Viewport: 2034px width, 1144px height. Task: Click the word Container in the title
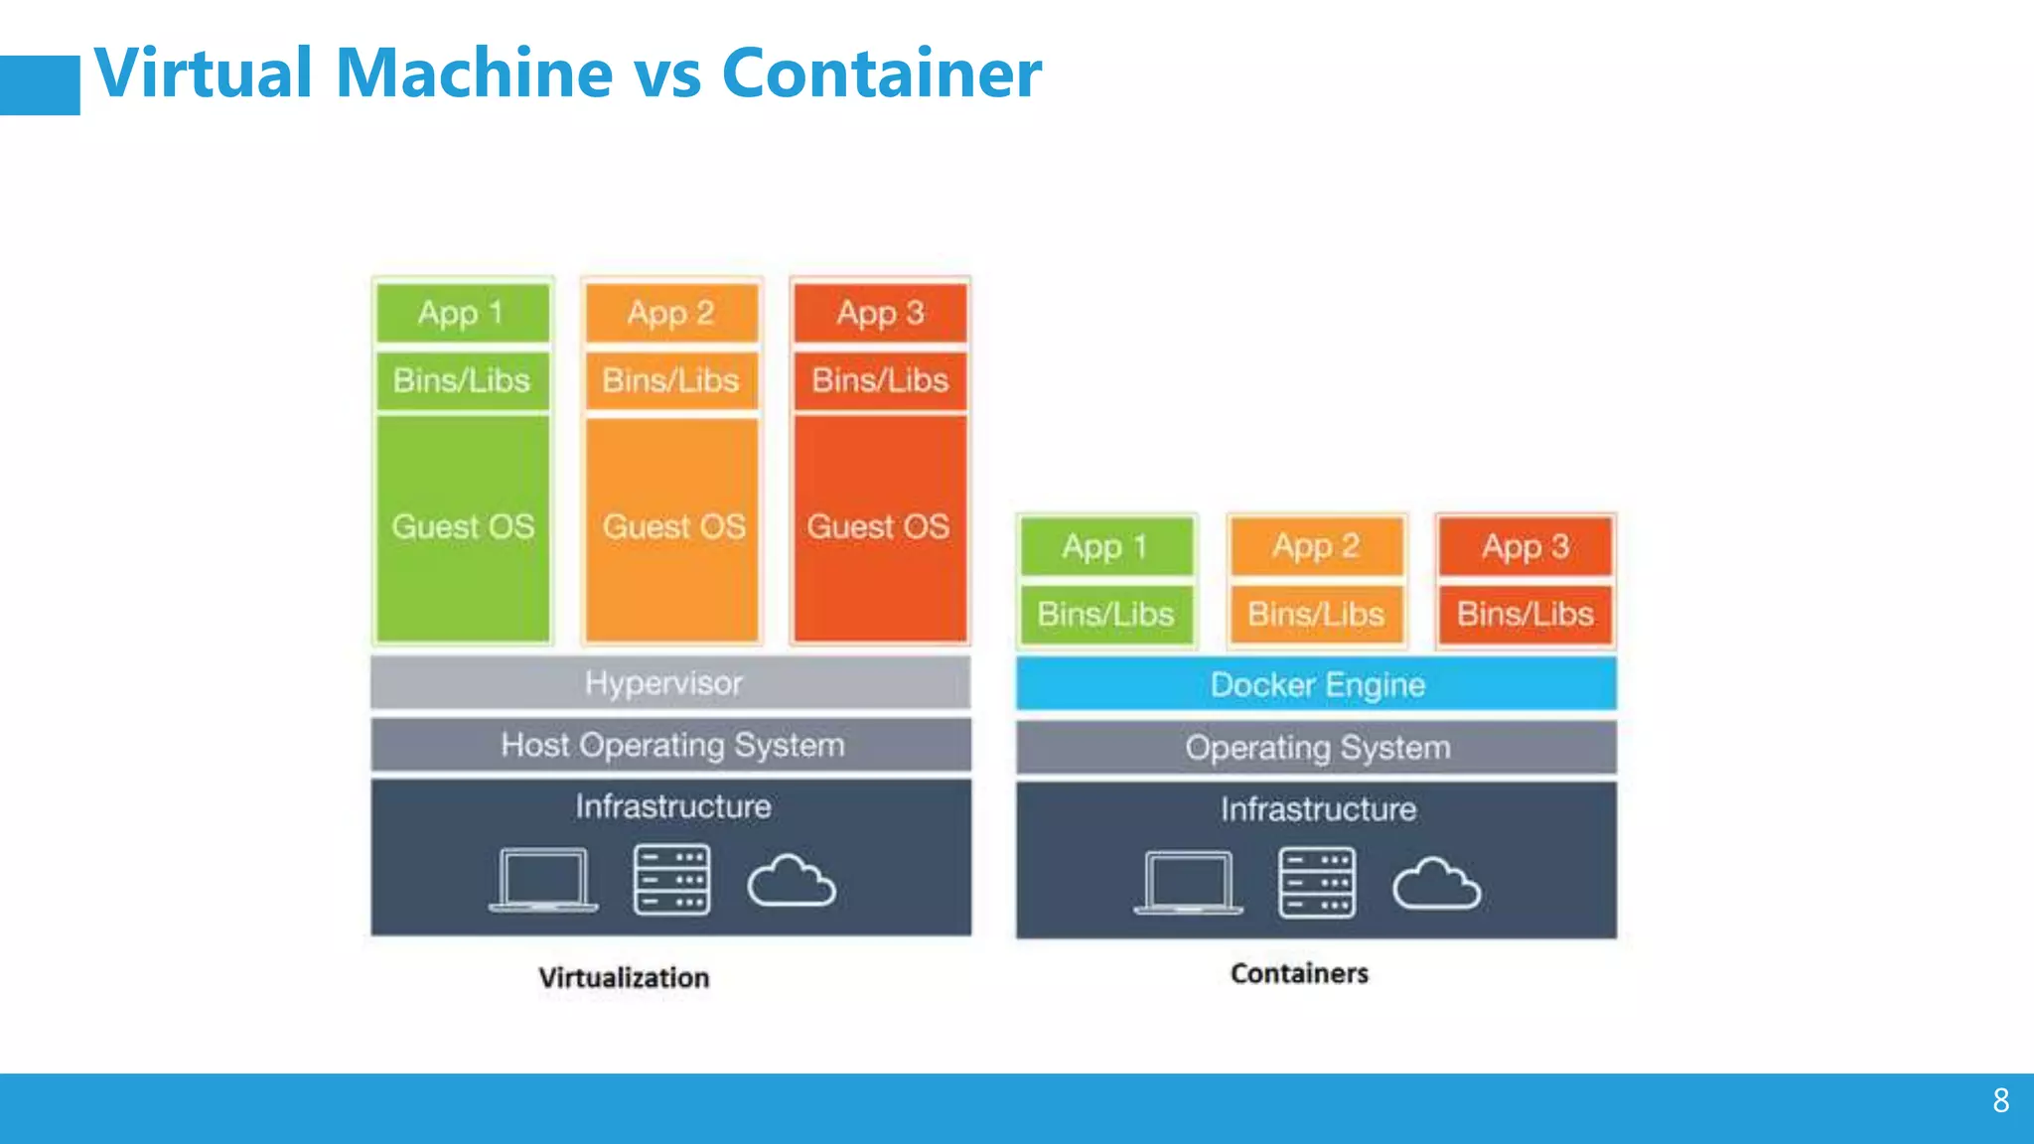coord(881,73)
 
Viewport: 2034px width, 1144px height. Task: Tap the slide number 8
coord(2000,1100)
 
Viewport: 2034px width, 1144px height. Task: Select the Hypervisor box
coord(670,683)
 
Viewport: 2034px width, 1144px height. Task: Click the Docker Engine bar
coord(1316,684)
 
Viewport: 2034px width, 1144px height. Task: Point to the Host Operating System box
coord(670,745)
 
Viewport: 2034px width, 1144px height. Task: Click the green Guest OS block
coord(463,527)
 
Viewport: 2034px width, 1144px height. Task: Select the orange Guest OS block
coord(672,527)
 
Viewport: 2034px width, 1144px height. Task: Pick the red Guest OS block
coord(879,527)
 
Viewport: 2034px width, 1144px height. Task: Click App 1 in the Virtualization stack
coord(462,313)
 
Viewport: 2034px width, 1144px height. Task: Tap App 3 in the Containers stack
coord(1525,546)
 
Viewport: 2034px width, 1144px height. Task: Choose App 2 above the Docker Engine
coord(1316,546)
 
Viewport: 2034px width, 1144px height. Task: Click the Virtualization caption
coord(624,977)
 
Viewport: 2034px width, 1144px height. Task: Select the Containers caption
coord(1298,973)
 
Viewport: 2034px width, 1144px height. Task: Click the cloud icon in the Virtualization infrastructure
coord(792,881)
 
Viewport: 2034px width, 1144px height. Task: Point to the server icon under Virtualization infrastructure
coord(671,880)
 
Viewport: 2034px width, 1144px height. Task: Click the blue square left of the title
coord(40,85)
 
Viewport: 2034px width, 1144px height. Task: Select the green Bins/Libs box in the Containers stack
coord(1106,615)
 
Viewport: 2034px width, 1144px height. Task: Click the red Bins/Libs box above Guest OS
coord(880,380)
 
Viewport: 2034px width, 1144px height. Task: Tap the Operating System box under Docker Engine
coord(1316,748)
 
